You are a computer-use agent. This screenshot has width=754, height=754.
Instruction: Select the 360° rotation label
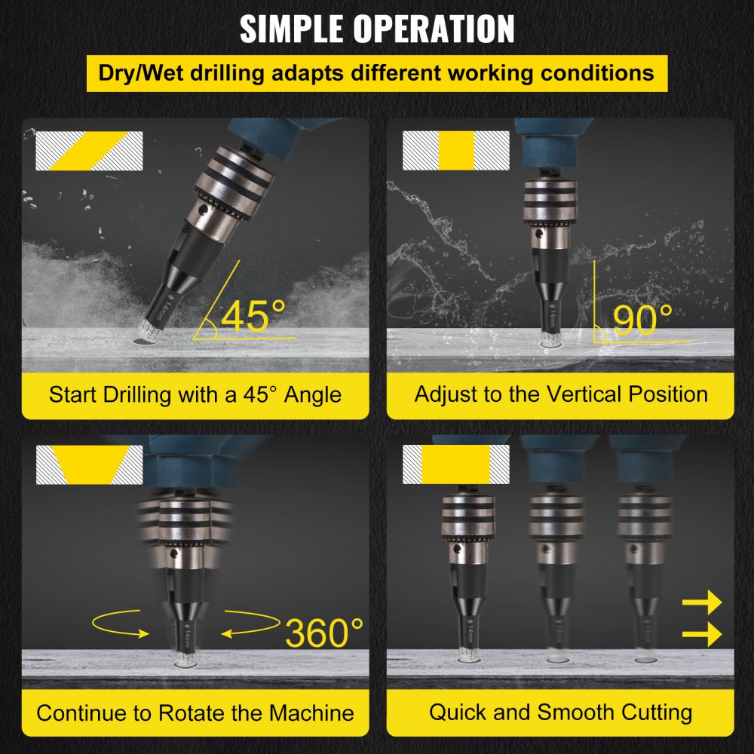tap(324, 633)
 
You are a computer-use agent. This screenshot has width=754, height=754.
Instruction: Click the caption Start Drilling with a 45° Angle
tap(195, 394)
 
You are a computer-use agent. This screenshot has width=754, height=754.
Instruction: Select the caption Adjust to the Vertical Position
tap(560, 394)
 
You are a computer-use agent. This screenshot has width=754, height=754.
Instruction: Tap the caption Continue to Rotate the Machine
tap(195, 713)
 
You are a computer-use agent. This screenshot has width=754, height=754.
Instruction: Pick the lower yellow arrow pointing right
tap(701, 636)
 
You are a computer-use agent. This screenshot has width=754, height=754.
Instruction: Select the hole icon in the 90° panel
tap(456, 150)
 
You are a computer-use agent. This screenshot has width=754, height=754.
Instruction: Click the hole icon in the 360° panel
tap(89, 465)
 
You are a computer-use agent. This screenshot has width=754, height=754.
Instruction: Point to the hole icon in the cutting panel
tap(456, 464)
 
